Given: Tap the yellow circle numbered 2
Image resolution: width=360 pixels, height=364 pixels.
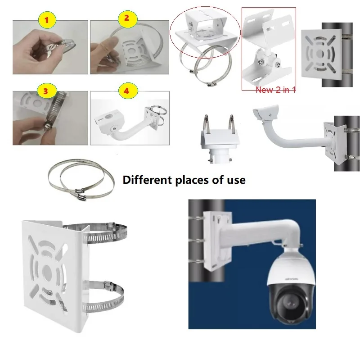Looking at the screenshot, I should point(126,18).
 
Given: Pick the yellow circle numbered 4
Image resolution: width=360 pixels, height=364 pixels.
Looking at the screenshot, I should point(126,90).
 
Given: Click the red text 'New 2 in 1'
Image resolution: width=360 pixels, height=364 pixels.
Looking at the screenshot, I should point(275,90).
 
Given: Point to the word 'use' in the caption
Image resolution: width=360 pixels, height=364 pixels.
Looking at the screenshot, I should point(236,180).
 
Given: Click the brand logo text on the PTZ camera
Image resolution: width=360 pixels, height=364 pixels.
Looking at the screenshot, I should point(289,278).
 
